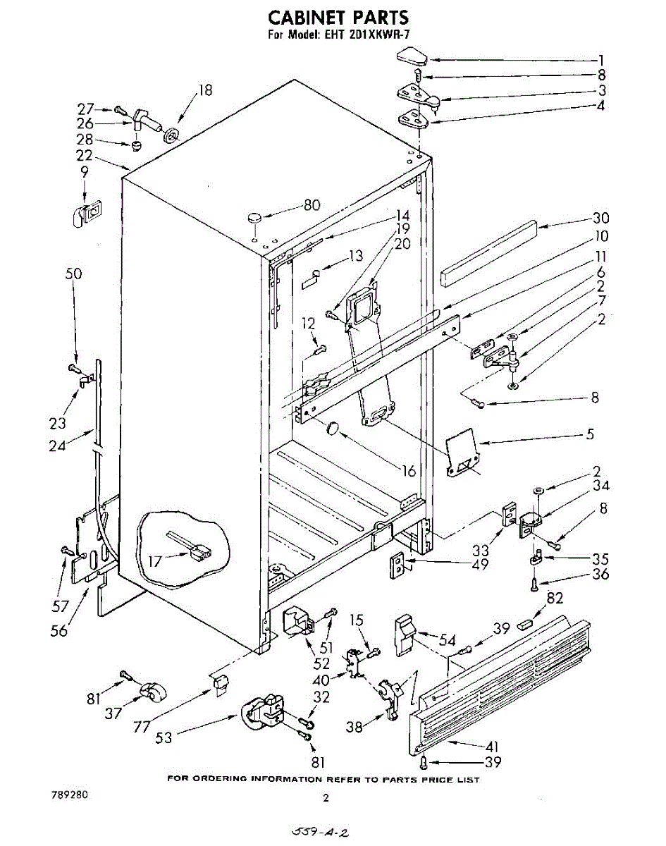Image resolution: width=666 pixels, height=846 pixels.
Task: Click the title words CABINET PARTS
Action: [338, 17]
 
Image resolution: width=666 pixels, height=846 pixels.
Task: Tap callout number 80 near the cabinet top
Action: [312, 206]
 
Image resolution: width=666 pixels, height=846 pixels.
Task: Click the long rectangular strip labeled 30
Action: [488, 252]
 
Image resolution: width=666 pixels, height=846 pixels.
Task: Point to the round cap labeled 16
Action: [332, 428]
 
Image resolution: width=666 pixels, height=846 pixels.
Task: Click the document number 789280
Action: [70, 795]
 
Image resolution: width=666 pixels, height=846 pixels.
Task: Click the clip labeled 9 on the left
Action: [86, 213]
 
